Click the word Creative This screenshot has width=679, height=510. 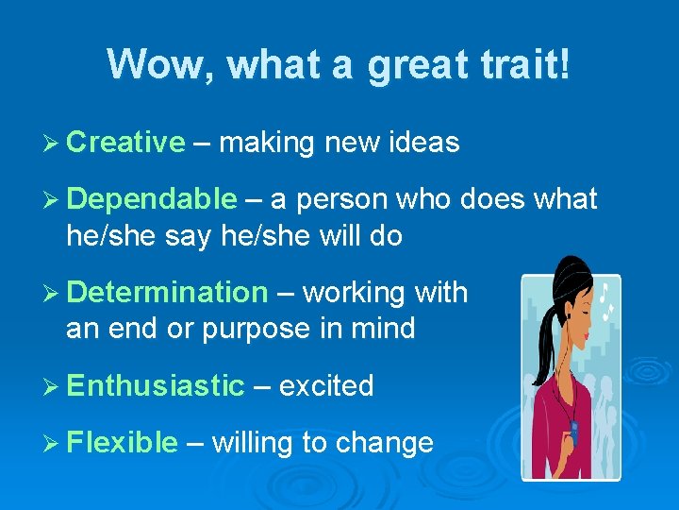tap(126, 143)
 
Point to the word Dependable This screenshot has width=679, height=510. tap(152, 199)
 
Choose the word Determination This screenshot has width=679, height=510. tap(168, 293)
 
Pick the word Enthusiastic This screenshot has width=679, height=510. tap(156, 385)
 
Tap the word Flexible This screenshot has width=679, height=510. tap(123, 442)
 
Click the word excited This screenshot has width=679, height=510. tap(326, 385)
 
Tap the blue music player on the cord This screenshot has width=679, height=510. tap(571, 431)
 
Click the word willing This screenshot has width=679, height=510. tap(254, 442)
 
